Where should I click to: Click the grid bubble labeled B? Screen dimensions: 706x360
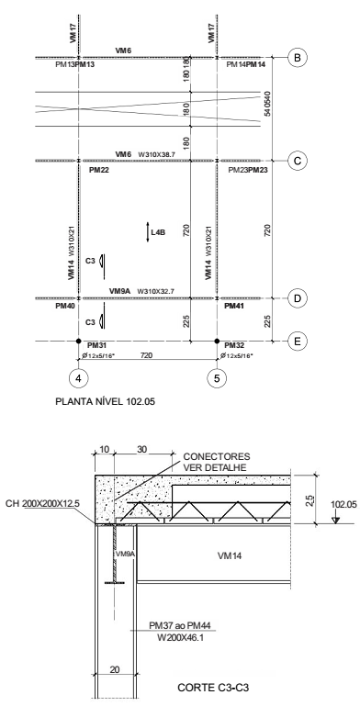(x=297, y=58)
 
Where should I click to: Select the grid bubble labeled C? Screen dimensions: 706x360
(x=297, y=161)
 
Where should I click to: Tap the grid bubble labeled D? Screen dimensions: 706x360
(x=297, y=298)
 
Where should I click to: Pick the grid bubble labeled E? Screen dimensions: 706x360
(x=297, y=341)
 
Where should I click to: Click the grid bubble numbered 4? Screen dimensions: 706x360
(x=77, y=375)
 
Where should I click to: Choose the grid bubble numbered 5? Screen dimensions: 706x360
(x=217, y=375)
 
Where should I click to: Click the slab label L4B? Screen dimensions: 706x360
(x=158, y=233)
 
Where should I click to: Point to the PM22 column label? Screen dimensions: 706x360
(x=99, y=171)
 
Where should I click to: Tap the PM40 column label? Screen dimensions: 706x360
(x=64, y=307)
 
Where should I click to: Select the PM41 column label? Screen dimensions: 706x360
(x=235, y=307)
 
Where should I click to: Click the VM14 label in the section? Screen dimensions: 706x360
(x=217, y=555)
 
